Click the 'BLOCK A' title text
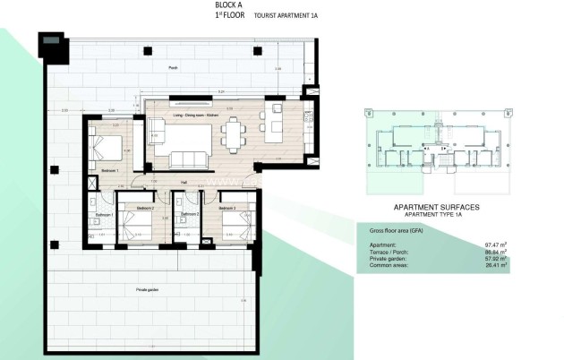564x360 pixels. (x=228, y=4)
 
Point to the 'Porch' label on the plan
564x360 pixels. (x=173, y=68)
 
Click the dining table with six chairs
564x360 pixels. (x=234, y=136)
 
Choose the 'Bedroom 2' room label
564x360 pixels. (x=146, y=208)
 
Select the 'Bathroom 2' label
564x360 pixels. (x=190, y=215)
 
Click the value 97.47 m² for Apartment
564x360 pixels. (x=494, y=244)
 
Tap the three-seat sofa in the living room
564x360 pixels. (x=190, y=160)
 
